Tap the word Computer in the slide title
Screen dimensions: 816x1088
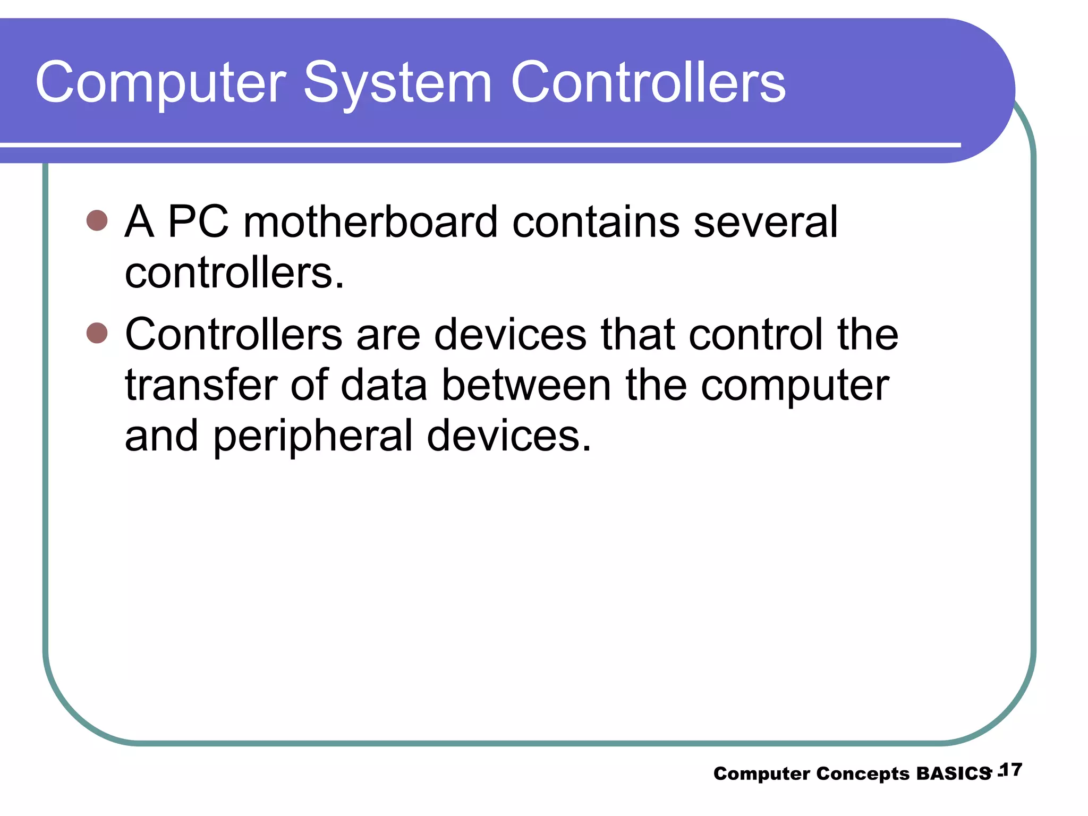click(160, 83)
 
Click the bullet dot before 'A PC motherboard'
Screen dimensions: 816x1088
click(97, 220)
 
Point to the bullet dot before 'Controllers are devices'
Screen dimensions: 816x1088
click(97, 333)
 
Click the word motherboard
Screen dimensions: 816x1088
click(370, 222)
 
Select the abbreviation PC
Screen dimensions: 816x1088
click(198, 222)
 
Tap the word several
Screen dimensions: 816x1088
click(766, 222)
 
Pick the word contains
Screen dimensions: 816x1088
click(596, 222)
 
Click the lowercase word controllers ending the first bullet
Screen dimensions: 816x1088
click(234, 273)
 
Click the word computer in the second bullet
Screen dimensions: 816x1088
click(795, 386)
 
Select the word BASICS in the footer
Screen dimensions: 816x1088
click(953, 773)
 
